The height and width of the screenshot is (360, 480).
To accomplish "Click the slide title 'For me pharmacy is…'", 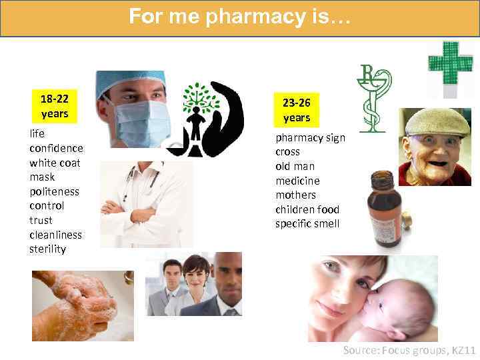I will [240, 16].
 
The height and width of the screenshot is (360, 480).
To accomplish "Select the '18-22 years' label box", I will [55, 106].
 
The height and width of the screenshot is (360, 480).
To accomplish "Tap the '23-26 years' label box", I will [296, 110].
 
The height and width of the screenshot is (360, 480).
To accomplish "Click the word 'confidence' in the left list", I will [56, 148].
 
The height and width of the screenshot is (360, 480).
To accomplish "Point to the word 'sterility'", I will [47, 249].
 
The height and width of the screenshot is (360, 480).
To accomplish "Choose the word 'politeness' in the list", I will [54, 191].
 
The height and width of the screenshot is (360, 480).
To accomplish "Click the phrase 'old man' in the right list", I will [295, 166].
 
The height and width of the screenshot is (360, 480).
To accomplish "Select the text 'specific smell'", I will [307, 224].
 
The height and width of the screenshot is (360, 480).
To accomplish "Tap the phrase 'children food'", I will [307, 209].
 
